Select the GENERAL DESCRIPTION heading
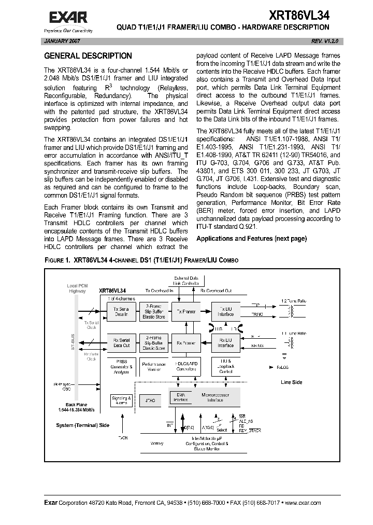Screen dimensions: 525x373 click(88, 56)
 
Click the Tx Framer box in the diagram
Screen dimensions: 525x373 click(186, 312)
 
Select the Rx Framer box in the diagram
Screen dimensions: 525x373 click(186, 343)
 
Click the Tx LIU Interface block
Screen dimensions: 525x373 click(225, 311)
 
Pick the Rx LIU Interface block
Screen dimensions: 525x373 click(225, 343)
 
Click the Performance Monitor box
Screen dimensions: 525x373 click(154, 367)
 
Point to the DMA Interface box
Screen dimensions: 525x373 click(180, 397)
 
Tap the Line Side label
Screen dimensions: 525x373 click(292, 382)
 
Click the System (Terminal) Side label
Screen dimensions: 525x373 click(83, 425)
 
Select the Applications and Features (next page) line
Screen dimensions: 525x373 click(251, 239)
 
